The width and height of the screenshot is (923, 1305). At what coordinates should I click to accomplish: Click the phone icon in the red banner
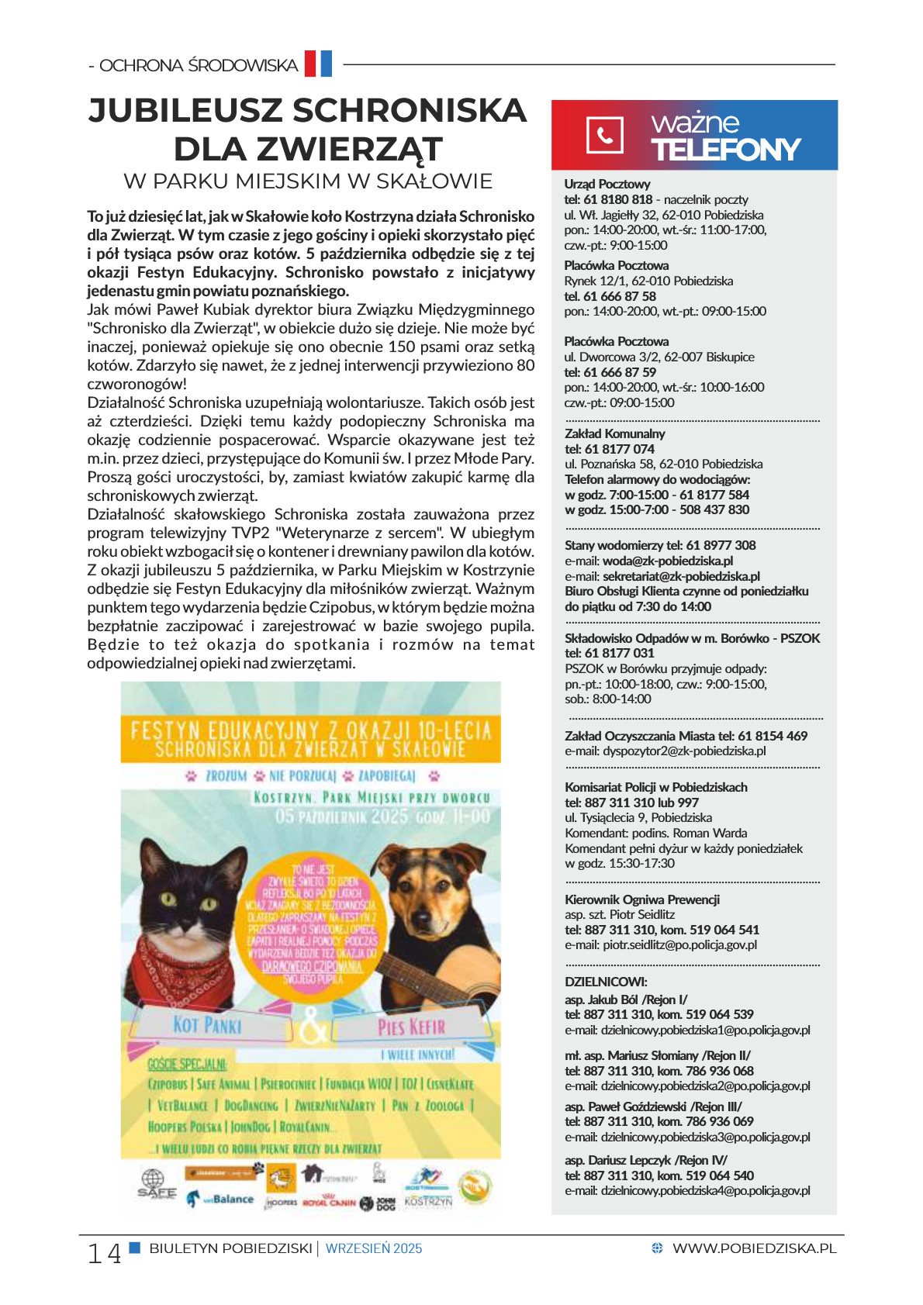click(604, 135)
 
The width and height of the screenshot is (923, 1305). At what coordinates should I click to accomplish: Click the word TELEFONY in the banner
click(725, 150)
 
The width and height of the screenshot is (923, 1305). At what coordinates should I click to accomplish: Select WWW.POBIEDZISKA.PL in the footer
click(754, 1248)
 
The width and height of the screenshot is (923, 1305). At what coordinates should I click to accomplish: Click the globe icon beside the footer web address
click(658, 1248)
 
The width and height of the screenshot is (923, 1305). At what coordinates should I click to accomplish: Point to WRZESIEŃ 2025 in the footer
click(374, 1248)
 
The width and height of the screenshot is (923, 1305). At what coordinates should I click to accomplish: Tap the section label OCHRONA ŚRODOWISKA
click(199, 65)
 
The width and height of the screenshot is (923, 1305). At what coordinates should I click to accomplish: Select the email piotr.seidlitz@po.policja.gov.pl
click(679, 945)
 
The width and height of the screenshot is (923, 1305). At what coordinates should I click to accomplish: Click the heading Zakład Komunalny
click(615, 433)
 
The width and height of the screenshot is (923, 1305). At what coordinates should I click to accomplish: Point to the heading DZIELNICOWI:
click(606, 982)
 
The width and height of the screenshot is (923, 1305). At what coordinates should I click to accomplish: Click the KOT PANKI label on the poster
click(207, 1025)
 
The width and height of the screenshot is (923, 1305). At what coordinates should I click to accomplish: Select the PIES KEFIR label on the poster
click(411, 1027)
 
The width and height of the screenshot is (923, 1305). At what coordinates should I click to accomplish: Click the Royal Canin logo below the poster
click(329, 1203)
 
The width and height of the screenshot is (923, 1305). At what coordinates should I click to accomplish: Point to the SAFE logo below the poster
click(157, 1186)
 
